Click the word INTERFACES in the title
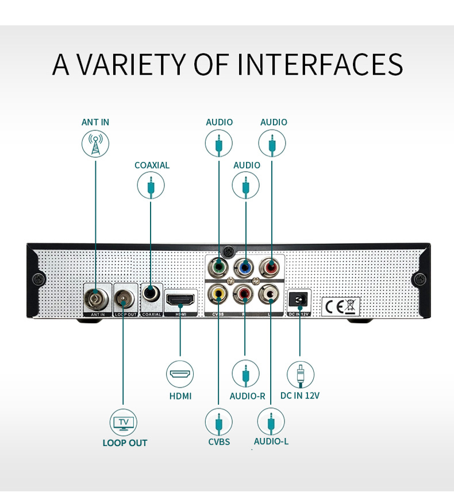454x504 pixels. [x=320, y=64]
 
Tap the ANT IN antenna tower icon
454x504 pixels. [x=95, y=144]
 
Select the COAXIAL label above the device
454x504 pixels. [x=152, y=165]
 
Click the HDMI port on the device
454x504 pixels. [x=180, y=298]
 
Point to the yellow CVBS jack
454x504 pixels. [x=218, y=294]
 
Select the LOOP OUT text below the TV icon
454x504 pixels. [x=125, y=443]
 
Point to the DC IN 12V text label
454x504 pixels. [x=299, y=396]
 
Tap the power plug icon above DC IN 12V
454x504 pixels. [x=300, y=375]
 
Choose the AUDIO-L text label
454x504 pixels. [x=271, y=441]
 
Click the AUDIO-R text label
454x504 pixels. [x=247, y=396]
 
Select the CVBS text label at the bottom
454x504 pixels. [x=219, y=441]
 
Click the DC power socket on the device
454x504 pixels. [x=299, y=299]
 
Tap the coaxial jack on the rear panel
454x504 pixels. [x=151, y=293]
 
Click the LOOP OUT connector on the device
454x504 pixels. [x=123, y=298]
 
